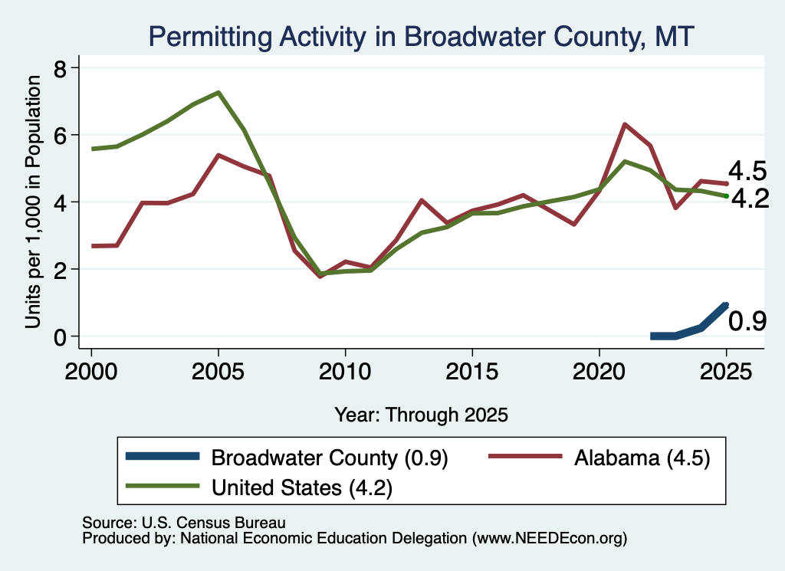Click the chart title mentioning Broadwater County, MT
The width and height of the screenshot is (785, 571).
[421, 37]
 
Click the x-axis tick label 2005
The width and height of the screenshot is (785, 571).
[218, 372]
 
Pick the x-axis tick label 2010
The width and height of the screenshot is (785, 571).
[345, 372]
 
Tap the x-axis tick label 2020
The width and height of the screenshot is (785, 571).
[599, 372]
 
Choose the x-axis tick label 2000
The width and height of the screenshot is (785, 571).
[91, 372]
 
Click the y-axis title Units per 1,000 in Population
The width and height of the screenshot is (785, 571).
[33, 202]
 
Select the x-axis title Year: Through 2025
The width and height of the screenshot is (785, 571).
[421, 415]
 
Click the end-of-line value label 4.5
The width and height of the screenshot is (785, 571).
[747, 171]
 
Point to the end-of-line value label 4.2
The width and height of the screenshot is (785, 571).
[750, 199]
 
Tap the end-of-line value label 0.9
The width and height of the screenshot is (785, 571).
[747, 321]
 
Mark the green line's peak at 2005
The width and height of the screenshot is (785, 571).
[218, 93]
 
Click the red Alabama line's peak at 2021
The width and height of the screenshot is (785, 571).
[625, 124]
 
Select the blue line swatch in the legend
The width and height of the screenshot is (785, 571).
[163, 456]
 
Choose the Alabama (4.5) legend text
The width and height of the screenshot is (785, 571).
[642, 458]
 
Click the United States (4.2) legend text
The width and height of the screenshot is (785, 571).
[302, 487]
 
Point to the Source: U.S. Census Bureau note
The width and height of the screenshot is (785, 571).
[184, 523]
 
